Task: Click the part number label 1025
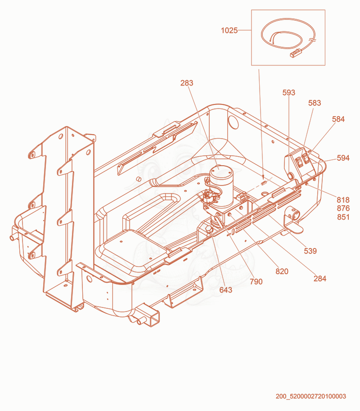click(x=229, y=31)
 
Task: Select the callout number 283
click(x=187, y=83)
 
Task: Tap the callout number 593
click(x=289, y=93)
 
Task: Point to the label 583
click(x=315, y=103)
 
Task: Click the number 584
click(x=338, y=119)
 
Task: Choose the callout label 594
click(x=343, y=158)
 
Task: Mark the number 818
click(x=343, y=200)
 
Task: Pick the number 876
click(x=343, y=208)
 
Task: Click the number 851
click(x=343, y=217)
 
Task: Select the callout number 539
click(x=310, y=251)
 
